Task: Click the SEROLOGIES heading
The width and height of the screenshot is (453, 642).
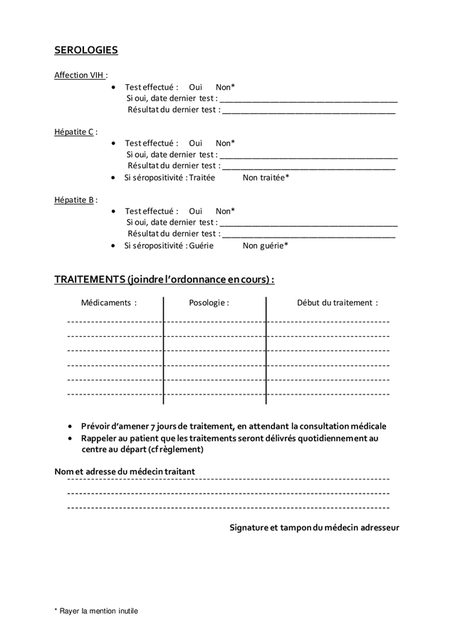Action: point(86,50)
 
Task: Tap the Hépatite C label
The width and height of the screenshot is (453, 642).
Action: point(75,132)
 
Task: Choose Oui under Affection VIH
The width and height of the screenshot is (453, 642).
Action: point(196,87)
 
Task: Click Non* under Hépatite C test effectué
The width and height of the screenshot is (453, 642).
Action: point(225,143)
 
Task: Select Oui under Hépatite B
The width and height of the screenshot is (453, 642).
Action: point(196,211)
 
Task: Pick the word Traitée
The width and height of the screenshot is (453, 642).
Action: point(202,178)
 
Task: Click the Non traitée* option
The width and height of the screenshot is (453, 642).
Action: point(266,178)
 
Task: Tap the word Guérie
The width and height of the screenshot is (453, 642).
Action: point(201,245)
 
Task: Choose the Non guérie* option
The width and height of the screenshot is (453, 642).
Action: point(266,245)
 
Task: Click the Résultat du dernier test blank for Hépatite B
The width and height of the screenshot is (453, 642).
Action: point(308,235)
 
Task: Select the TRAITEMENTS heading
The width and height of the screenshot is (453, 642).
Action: point(165,278)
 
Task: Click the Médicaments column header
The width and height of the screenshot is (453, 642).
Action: point(109,302)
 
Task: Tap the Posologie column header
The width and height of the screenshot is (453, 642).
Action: point(209,302)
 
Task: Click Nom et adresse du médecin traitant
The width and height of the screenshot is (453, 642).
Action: point(125,472)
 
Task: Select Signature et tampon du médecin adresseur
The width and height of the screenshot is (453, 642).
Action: point(314,528)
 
